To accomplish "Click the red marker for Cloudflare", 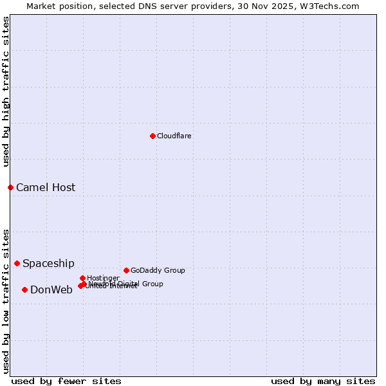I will (152, 136).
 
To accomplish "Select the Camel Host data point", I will (10, 187).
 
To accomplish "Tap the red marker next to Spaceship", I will (17, 263).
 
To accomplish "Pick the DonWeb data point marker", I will (24, 289).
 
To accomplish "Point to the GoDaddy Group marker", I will (126, 270).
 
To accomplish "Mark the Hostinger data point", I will (82, 278).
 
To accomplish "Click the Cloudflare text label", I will (174, 136).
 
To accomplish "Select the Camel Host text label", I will (46, 187).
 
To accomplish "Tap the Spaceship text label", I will (48, 263).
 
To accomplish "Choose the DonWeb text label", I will (51, 289).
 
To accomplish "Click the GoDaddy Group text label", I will (158, 270).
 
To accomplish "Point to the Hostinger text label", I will (103, 278).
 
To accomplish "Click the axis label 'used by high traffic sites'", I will (6, 91).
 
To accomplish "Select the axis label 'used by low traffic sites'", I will (6, 300).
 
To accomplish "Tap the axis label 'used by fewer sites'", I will (66, 381).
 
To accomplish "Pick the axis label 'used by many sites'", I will (323, 381).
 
